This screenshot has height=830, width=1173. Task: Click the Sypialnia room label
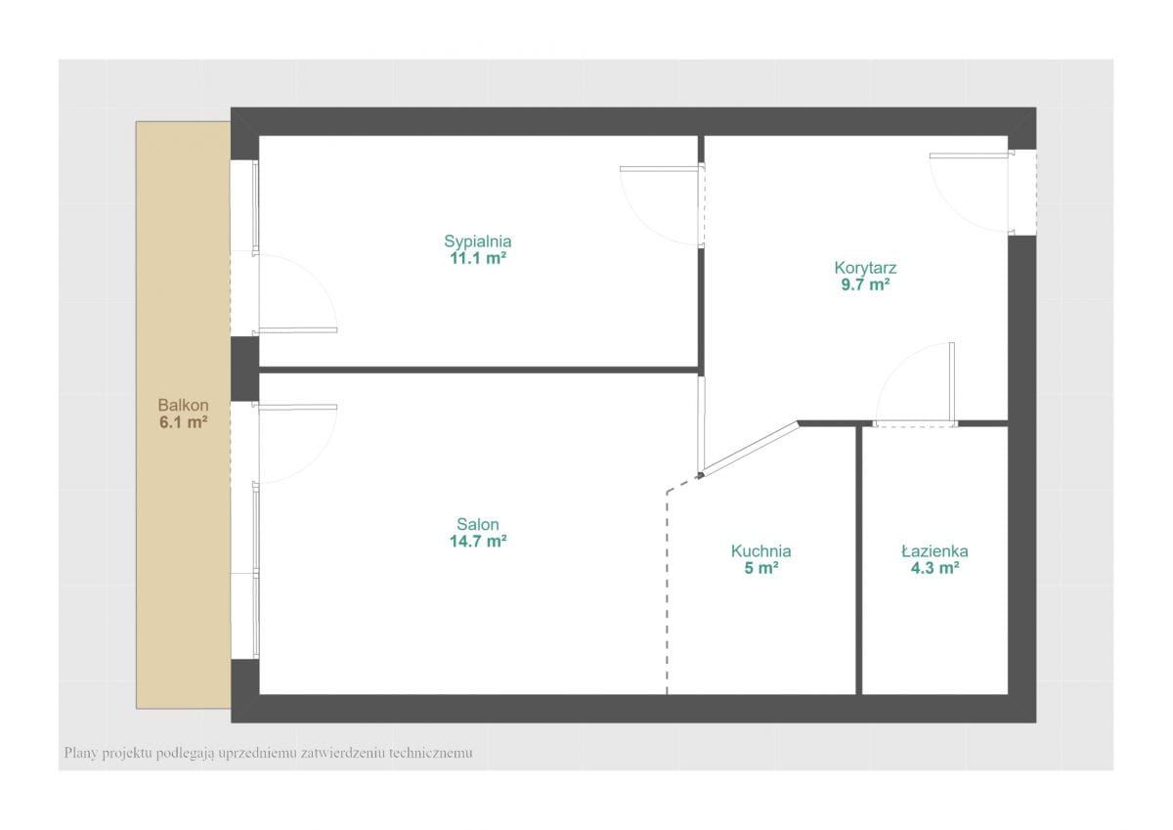(478, 241)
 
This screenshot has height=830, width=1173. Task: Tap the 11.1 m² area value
(478, 258)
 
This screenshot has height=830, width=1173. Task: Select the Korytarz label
(865, 268)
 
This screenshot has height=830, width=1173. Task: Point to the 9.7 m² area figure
(865, 284)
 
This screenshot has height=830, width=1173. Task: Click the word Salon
(478, 524)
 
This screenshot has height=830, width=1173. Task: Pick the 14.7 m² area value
(478, 541)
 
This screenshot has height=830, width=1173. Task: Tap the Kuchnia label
(760, 551)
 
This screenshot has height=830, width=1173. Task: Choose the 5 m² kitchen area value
(760, 568)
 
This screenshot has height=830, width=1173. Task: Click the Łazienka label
(934, 551)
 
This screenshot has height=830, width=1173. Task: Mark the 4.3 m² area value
(934, 568)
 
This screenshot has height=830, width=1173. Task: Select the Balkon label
(184, 405)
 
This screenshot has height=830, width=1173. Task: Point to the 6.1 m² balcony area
(184, 422)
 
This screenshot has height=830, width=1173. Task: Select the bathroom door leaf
(951, 383)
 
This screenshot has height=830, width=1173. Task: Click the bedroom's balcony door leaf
(295, 330)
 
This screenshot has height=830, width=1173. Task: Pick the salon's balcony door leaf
(295, 407)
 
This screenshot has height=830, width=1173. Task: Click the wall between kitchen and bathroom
(859, 560)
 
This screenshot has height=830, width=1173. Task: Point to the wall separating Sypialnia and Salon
(479, 370)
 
